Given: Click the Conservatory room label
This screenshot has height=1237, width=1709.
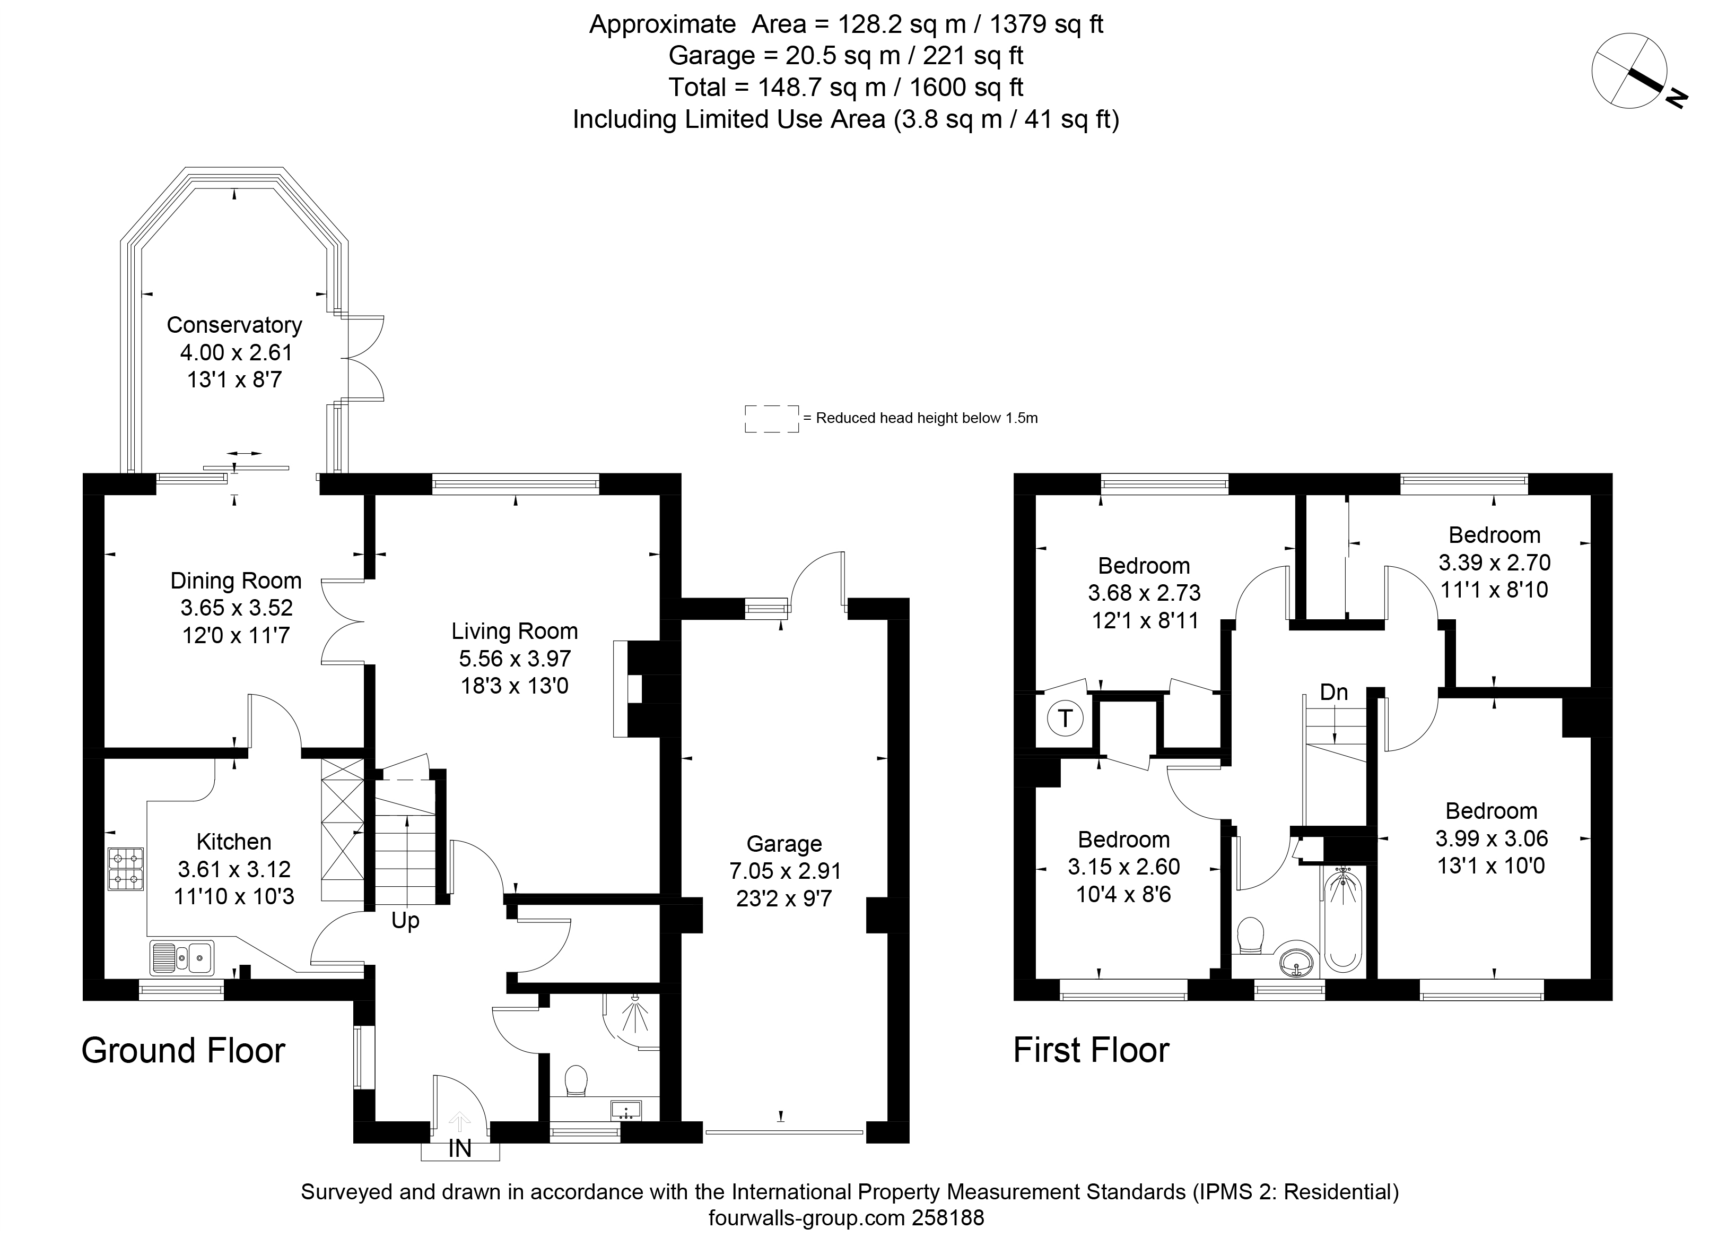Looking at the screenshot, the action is pos(234,325).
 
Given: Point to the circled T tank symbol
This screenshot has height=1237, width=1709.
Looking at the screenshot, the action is pos(1065,719).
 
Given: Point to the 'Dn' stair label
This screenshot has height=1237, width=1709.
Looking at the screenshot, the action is pos(1334,692).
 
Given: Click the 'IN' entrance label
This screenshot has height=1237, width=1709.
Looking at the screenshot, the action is pos(460,1148).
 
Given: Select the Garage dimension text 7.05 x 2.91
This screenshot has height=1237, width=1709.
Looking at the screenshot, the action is pos(784,871).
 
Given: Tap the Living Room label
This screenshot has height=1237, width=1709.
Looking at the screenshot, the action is pos(515,631).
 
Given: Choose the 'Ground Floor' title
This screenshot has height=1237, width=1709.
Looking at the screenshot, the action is pos(183,1050).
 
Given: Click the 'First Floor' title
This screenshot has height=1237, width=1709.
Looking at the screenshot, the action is pos(1091,1050).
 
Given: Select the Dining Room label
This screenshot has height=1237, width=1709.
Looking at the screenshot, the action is pos(236,581).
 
